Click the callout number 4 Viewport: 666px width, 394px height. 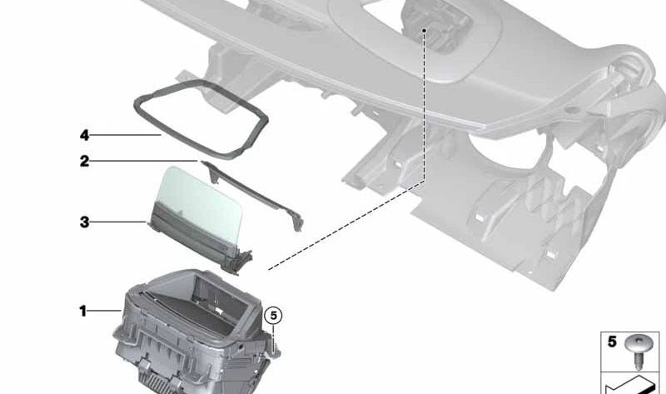(x=85, y=136)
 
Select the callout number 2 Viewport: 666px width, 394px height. (x=85, y=161)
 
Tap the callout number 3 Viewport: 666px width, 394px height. (x=85, y=222)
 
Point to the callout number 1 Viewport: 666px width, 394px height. (x=82, y=312)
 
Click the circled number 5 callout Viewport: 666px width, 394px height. (x=273, y=316)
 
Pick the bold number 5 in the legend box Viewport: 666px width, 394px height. (x=612, y=342)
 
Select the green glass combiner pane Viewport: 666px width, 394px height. (x=199, y=203)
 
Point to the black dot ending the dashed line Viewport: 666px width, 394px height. (x=424, y=31)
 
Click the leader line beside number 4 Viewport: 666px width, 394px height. (x=126, y=135)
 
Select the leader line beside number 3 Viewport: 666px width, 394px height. (x=118, y=222)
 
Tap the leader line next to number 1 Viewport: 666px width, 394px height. (x=105, y=312)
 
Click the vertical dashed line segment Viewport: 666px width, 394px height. (x=424, y=107)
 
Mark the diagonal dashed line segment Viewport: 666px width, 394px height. (x=346, y=225)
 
